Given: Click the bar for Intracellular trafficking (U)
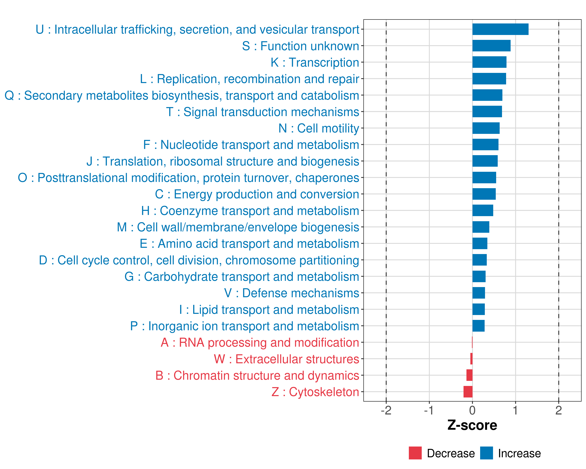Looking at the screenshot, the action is [x=500, y=29].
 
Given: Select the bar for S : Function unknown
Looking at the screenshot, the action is [x=491, y=46].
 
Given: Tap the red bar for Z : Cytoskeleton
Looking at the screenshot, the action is [x=468, y=392].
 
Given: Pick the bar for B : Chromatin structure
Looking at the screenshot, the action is [x=469, y=375].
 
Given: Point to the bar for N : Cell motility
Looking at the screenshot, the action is [x=486, y=128].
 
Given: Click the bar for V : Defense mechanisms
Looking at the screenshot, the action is [x=479, y=293].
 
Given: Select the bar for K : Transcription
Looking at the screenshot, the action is [x=490, y=62].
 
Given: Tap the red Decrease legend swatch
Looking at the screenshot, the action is [x=415, y=453].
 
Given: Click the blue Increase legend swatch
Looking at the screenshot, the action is [x=487, y=453].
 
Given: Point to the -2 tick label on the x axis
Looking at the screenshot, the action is [x=386, y=410].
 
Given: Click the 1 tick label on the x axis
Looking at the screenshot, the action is [x=515, y=410].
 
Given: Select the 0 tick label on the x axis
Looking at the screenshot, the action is [x=472, y=410].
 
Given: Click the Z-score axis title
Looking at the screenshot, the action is [x=472, y=425].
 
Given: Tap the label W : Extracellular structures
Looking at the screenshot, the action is [x=287, y=359].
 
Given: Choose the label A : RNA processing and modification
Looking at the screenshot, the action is [x=260, y=343].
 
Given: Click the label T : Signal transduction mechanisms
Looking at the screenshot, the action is [x=263, y=112].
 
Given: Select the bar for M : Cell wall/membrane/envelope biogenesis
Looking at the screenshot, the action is [x=481, y=227].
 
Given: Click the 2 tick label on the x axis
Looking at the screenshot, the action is [x=558, y=410].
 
